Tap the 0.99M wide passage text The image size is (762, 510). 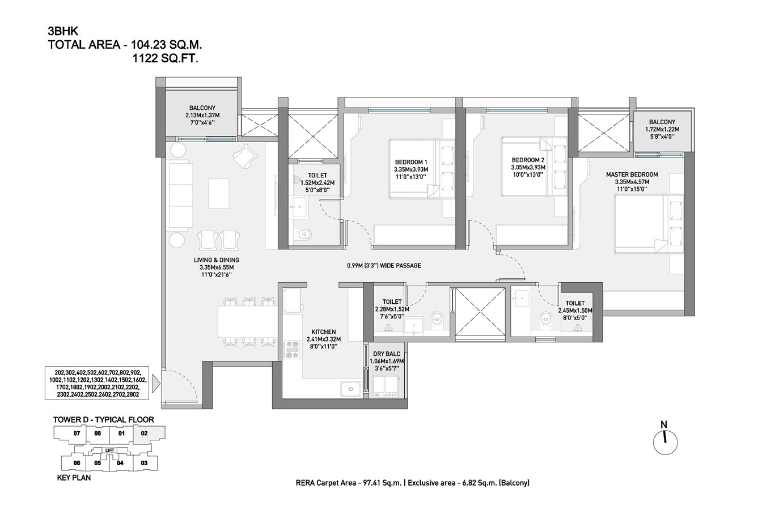(x=384, y=265)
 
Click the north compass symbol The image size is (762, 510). (x=665, y=439)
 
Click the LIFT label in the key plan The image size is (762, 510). (x=110, y=450)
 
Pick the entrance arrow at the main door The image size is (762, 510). (x=157, y=385)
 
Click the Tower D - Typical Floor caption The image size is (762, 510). (x=103, y=419)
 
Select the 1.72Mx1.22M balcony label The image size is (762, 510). (x=662, y=125)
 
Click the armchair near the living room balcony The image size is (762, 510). (x=245, y=155)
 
